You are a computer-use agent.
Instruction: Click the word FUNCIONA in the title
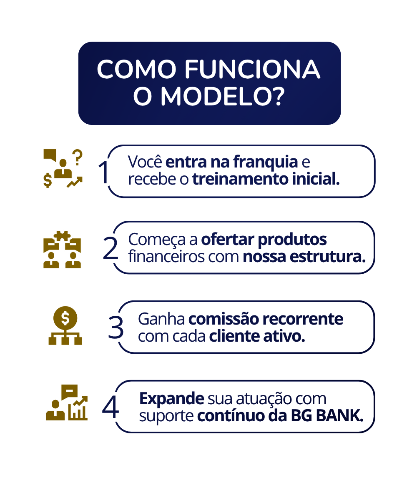(x=252, y=69)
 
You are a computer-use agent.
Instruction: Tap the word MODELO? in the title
(x=222, y=96)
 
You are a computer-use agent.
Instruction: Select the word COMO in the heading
(x=137, y=69)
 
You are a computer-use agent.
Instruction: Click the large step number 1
(x=104, y=172)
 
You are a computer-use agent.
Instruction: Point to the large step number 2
(x=111, y=248)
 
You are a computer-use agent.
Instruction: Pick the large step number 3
(x=116, y=327)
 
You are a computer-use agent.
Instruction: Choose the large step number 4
(x=111, y=407)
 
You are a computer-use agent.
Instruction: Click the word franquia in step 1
(x=266, y=162)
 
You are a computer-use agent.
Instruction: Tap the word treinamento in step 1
(x=240, y=179)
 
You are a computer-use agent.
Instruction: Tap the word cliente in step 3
(x=234, y=336)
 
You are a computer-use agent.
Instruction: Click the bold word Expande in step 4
(x=171, y=399)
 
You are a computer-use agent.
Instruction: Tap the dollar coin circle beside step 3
(x=65, y=318)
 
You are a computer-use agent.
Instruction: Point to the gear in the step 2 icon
(x=62, y=236)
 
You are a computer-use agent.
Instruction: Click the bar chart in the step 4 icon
(x=78, y=410)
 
